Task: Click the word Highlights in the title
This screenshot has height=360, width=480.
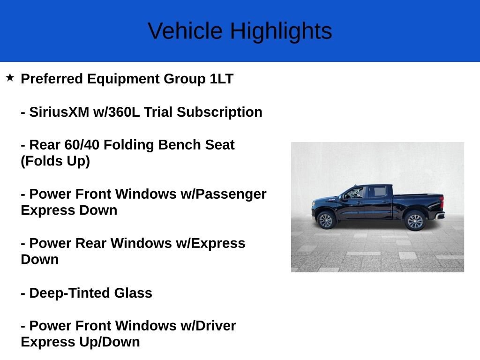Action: point(281,31)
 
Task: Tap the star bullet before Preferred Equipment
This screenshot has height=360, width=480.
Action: point(10,77)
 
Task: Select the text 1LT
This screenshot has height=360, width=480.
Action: point(221,79)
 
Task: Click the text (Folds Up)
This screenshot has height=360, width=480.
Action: point(55,161)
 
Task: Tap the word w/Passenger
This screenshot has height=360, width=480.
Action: point(223,194)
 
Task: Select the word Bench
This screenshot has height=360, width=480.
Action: point(178,145)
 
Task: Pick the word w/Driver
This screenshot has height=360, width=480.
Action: point(208,326)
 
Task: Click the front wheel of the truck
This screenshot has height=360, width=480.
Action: point(325,220)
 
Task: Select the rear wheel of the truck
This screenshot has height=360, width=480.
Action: point(415,221)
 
